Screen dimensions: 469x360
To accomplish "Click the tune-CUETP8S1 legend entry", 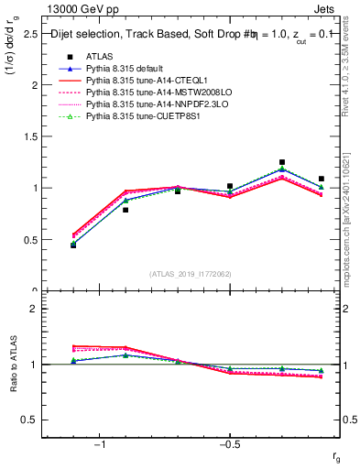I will pyautogui.click(x=136, y=116).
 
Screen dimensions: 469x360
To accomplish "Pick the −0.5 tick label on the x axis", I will pyautogui.click(x=228, y=445).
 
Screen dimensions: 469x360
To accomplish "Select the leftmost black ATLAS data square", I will pyautogui.click(x=73, y=245).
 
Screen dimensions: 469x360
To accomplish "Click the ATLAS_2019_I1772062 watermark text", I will pyautogui.click(x=191, y=273).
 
